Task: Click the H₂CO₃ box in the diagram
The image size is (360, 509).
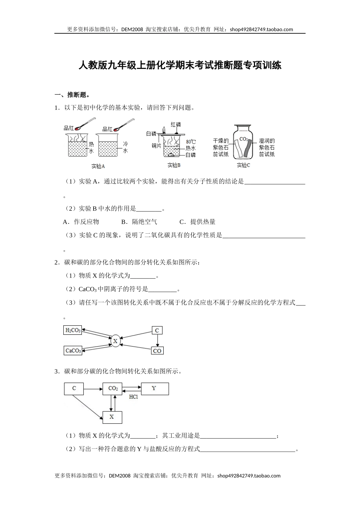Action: (x=73, y=330)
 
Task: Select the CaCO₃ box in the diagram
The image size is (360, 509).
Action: (x=73, y=351)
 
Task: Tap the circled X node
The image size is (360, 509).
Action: (x=115, y=341)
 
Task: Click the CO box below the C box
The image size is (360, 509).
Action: (x=157, y=351)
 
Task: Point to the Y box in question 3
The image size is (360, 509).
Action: (x=154, y=389)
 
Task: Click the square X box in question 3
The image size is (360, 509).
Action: (x=112, y=417)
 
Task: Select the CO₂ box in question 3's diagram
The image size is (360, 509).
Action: (x=113, y=389)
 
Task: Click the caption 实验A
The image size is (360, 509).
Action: (x=98, y=166)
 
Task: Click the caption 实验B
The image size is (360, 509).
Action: (x=174, y=165)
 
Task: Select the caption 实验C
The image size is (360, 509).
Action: (x=243, y=165)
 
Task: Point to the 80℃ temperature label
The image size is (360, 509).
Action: (x=191, y=142)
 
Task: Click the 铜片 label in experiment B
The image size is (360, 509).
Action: (x=157, y=145)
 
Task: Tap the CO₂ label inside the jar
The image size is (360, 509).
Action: (x=244, y=139)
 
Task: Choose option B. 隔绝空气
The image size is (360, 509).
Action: (x=139, y=222)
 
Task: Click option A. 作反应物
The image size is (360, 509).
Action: (x=81, y=222)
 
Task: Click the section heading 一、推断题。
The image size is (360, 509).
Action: (x=72, y=95)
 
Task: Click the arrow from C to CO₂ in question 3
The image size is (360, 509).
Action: (x=93, y=389)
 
